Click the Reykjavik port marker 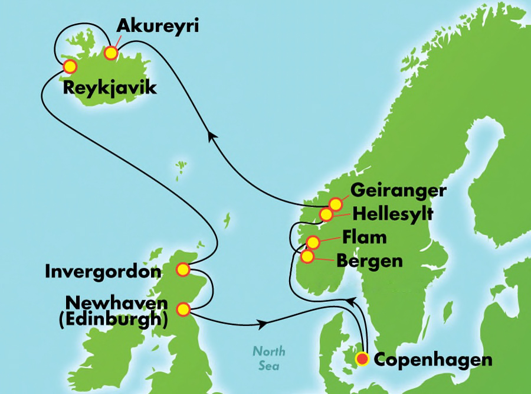click(x=70, y=66)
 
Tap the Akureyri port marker click(x=111, y=53)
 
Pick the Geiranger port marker click(x=336, y=204)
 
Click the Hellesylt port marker click(x=326, y=214)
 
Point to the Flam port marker click(x=313, y=242)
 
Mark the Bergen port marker click(x=307, y=256)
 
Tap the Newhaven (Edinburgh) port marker click(x=183, y=308)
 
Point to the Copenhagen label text click(x=433, y=359)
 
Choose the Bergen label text click(x=369, y=261)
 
